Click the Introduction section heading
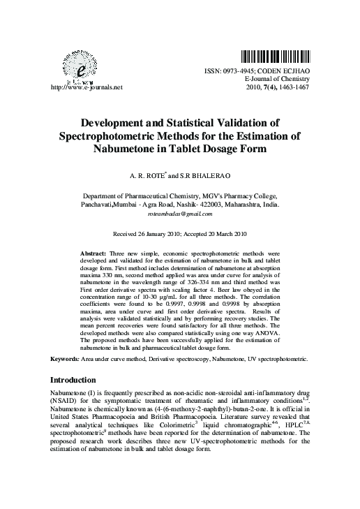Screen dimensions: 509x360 click(74, 380)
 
